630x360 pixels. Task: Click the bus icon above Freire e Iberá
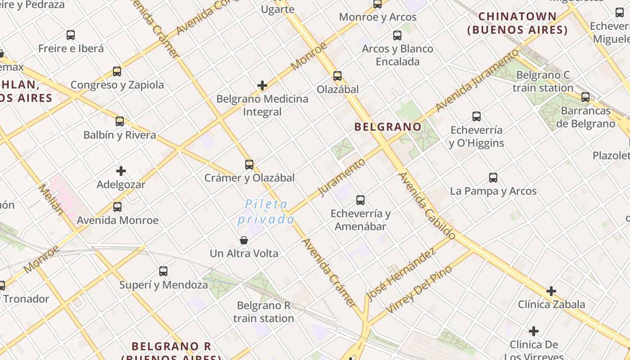coord(71,35)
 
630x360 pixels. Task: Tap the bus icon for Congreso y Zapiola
coord(117,72)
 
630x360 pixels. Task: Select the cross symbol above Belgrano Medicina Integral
coord(262,85)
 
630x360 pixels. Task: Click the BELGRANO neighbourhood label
coord(388,127)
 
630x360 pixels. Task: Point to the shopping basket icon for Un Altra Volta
coord(244,240)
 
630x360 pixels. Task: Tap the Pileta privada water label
coord(266,212)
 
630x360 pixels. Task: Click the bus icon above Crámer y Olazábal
coord(249,165)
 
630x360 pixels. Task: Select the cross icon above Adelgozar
coord(121,171)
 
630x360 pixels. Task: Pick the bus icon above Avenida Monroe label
coord(117,207)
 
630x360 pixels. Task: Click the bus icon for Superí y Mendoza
coord(163,271)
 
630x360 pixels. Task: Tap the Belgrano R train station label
coord(264,312)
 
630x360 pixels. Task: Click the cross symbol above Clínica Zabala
coord(551,291)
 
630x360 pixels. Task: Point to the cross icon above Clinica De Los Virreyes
coord(534,332)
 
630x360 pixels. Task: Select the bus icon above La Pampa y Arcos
coord(493,178)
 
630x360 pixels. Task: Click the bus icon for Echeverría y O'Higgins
coord(477,117)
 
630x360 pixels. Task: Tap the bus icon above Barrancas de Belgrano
coord(585,97)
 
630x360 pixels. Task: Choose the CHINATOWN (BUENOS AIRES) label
coord(517,23)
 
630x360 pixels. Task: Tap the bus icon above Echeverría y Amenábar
coord(360,200)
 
